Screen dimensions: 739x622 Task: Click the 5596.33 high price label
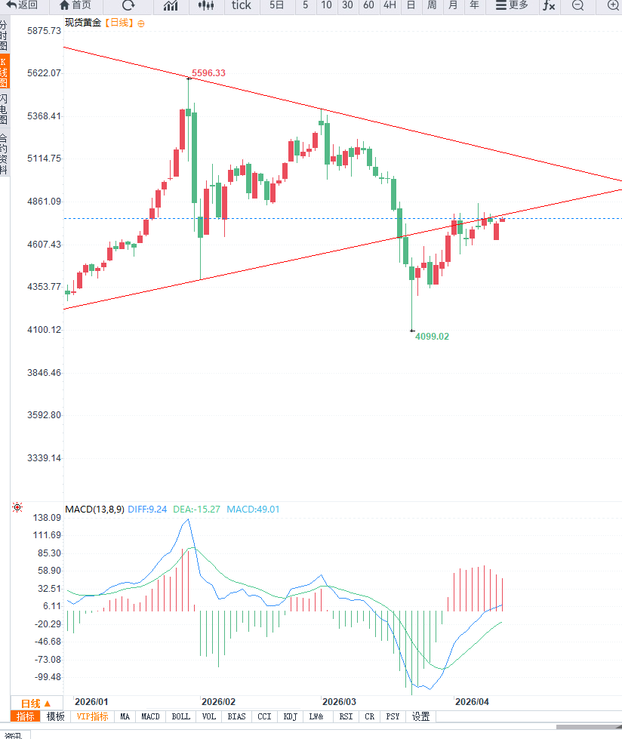(208, 73)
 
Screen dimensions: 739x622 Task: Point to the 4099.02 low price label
(432, 336)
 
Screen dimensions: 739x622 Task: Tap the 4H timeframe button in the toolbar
(390, 5)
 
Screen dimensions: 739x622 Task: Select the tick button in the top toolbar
(242, 5)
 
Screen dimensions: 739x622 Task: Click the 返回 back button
(23, 5)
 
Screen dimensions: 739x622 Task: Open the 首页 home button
(75, 5)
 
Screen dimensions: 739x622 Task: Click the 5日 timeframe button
(277, 5)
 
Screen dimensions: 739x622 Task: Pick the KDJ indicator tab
(291, 716)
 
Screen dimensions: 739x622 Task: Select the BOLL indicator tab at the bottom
(181, 716)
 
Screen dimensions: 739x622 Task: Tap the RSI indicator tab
(346, 716)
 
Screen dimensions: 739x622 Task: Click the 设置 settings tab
(420, 716)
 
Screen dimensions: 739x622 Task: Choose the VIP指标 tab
(93, 716)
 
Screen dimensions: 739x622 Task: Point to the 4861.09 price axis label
(43, 202)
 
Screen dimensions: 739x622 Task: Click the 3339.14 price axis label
(43, 458)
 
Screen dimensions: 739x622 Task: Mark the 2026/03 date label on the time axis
(339, 701)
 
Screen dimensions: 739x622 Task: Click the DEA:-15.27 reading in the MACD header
(197, 510)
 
